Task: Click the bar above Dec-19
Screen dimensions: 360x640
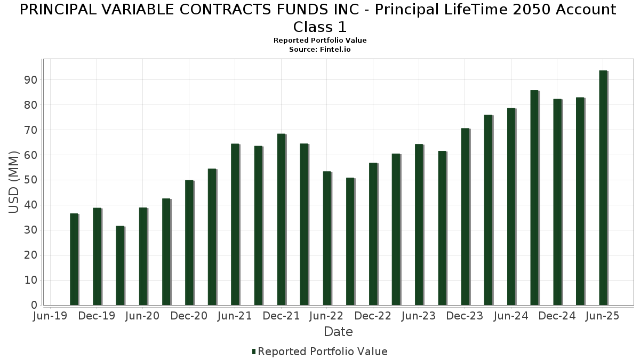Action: point(97,257)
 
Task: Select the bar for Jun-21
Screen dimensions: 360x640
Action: point(235,225)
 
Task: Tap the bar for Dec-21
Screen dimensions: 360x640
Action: point(281,219)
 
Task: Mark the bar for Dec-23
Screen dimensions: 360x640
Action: point(465,217)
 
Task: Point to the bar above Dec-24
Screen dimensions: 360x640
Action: point(557,202)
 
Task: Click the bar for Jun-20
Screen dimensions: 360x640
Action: point(143,257)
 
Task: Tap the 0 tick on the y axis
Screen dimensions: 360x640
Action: point(34,306)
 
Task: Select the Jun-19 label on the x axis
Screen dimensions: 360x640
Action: point(50,316)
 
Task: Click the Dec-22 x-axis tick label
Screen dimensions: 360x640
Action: point(373,316)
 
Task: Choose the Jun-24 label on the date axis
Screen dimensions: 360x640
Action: point(511,316)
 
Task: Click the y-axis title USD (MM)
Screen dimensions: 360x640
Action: point(14,182)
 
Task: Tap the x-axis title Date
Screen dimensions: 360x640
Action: point(338,332)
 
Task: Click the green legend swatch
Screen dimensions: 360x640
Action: point(254,351)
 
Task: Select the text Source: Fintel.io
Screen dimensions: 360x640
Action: point(320,49)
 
